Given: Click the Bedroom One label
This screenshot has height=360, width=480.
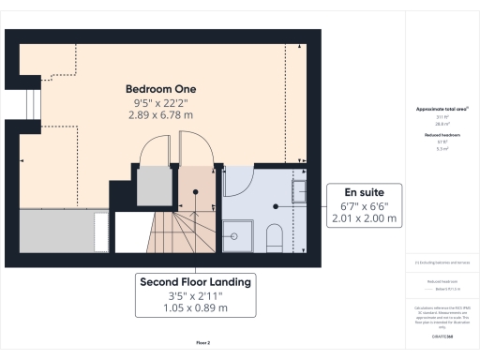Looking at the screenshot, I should [159, 88].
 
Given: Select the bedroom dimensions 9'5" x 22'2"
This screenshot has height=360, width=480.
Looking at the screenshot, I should [159, 101].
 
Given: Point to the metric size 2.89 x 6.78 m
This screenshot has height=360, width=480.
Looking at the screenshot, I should [159, 114].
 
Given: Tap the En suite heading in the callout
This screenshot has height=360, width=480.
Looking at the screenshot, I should [364, 191].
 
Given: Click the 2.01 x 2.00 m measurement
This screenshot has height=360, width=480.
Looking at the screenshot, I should [364, 218].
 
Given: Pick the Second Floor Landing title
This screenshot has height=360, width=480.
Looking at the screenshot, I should [196, 281].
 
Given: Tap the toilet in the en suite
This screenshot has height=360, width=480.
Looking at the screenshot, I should [276, 236].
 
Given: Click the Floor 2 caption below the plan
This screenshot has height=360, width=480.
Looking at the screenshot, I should [202, 343].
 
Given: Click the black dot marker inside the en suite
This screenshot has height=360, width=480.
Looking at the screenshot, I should [274, 206].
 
